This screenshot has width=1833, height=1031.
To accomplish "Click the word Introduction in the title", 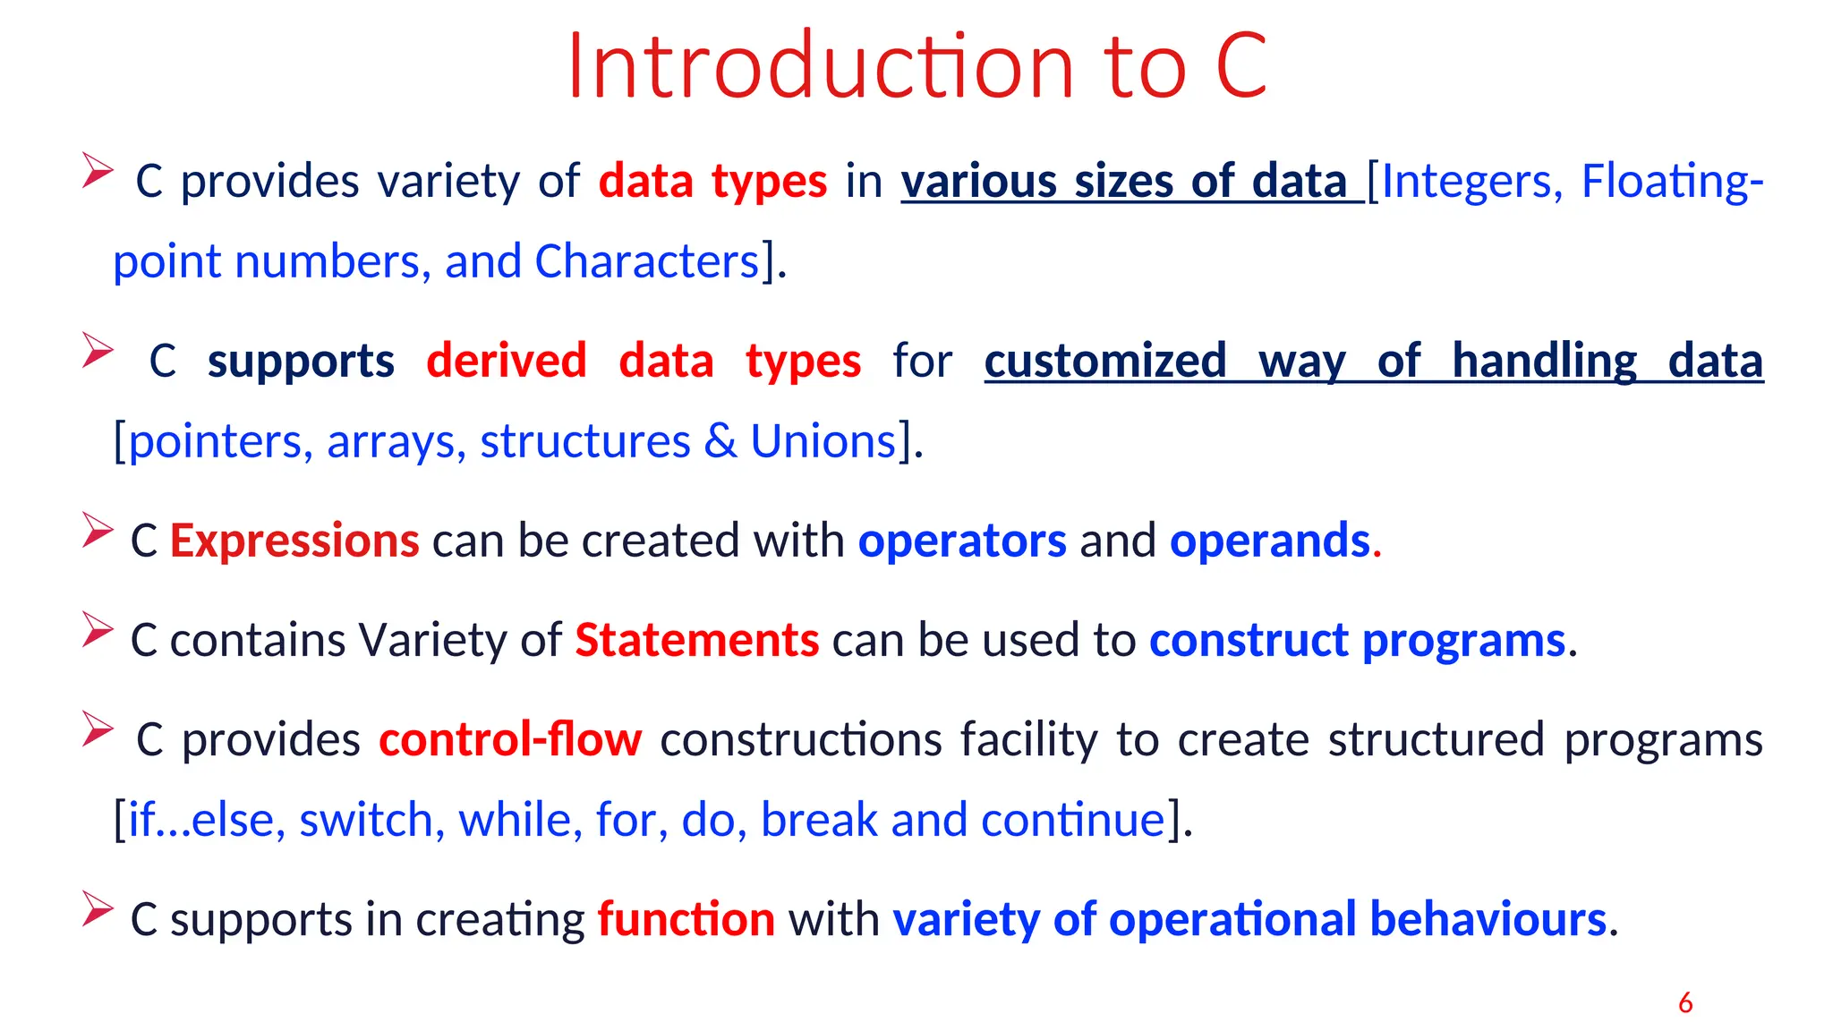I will (x=820, y=66).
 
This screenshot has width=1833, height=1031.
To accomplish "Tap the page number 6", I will (x=1685, y=1002).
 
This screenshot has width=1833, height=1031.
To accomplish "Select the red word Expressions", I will (x=294, y=541).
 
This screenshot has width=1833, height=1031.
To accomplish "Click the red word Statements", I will (x=696, y=640).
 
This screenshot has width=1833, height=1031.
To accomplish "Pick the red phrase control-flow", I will (x=510, y=739).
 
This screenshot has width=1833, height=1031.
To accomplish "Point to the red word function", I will (x=686, y=919).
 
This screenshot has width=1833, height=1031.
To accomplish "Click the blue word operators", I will (x=962, y=541).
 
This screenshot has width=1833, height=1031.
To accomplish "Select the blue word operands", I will (x=1269, y=541).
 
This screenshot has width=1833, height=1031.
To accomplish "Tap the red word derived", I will (x=507, y=361).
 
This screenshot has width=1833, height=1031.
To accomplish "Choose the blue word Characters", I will (x=647, y=261).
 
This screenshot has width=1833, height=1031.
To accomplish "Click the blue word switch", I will (x=366, y=820).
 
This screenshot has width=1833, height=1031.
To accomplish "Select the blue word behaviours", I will (x=1488, y=919).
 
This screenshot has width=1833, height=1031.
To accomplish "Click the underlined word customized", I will (x=1105, y=361).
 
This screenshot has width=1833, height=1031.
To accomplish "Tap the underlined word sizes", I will (x=1123, y=181).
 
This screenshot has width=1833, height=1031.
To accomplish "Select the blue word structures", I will (x=585, y=441).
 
